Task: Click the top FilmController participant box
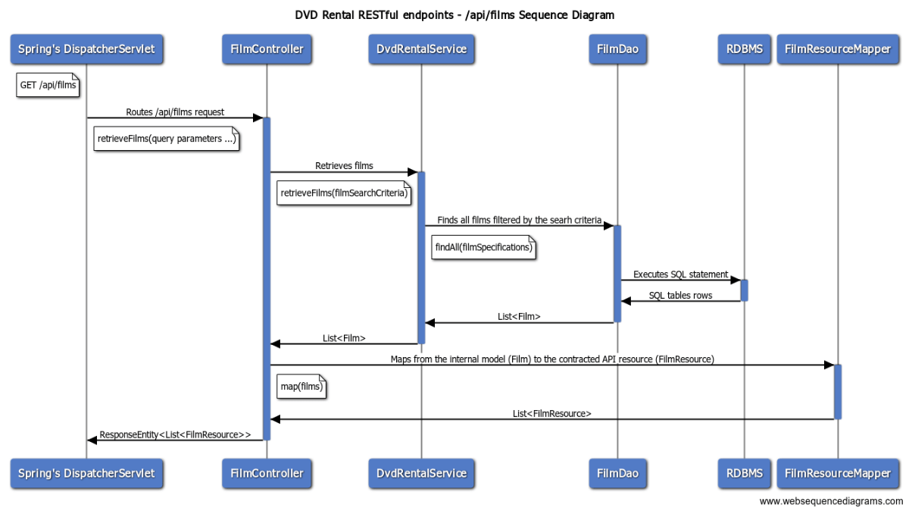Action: tap(266, 49)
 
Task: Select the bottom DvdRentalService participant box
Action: tap(421, 473)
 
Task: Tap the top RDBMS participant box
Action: tap(744, 49)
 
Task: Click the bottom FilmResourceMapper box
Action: tap(838, 473)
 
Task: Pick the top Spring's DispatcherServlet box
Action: tap(86, 49)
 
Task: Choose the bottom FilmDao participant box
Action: tap(617, 473)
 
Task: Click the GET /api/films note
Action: tap(48, 86)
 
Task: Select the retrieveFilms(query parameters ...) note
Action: tap(167, 140)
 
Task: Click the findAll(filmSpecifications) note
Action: tap(483, 247)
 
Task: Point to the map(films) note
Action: tap(301, 387)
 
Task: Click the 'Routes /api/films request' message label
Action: tap(175, 112)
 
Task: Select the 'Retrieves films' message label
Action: tap(344, 165)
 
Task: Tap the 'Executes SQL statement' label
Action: tap(680, 274)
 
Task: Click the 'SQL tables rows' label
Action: tap(680, 296)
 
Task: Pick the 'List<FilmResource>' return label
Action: tap(551, 414)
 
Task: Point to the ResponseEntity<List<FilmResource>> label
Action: tap(175, 435)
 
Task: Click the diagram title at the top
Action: tap(454, 15)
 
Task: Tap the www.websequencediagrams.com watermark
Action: tap(831, 501)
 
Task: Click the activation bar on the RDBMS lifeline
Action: tap(744, 290)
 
